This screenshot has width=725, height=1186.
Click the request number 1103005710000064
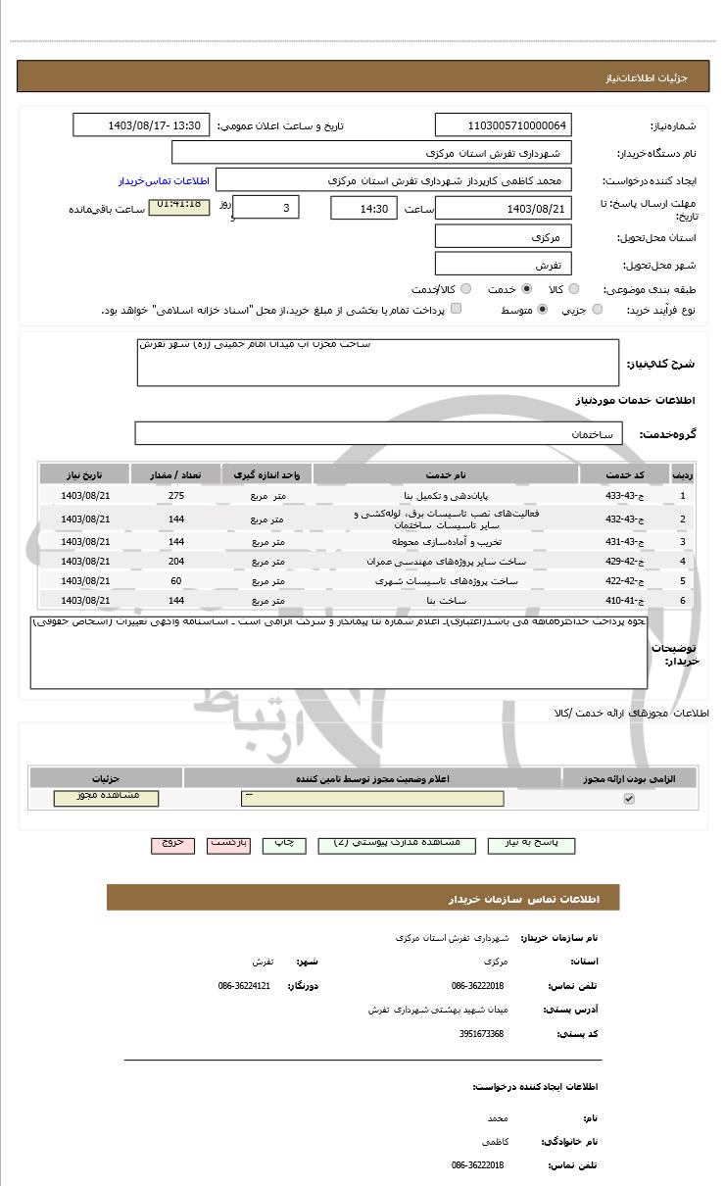tap(503, 125)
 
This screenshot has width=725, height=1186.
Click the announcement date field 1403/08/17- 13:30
tap(141, 125)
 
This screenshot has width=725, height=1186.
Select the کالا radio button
tap(574, 289)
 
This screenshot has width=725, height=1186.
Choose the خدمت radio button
tap(527, 289)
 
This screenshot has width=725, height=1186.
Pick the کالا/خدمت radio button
tap(466, 289)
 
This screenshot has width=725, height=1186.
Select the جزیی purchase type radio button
tap(598, 310)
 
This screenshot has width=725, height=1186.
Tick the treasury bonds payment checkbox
tap(456, 310)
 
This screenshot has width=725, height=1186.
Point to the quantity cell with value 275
tap(176, 495)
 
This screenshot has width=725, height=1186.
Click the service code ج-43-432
tap(624, 519)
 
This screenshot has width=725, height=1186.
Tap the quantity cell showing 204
tap(176, 562)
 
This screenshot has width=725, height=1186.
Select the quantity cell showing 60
tap(176, 581)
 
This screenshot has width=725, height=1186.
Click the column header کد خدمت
tap(624, 474)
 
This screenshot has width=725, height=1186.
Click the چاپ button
tap(283, 844)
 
